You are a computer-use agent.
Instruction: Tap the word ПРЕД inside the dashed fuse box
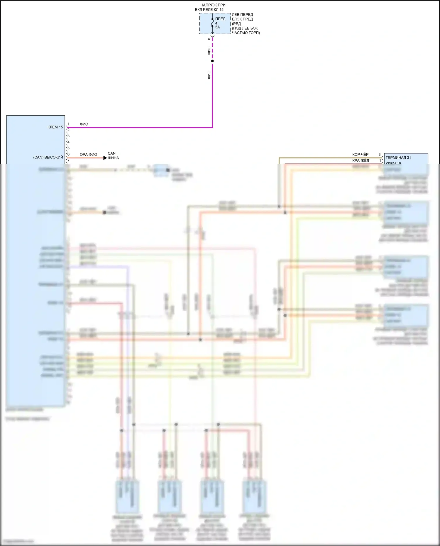220,19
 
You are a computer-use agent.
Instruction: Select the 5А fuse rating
217,27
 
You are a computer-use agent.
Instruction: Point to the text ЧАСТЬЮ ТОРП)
246,33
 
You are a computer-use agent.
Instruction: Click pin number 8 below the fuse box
209,39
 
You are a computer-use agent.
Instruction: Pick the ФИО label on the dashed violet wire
209,50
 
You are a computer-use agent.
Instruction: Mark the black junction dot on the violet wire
212,61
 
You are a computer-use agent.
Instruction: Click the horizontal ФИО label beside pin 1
84,124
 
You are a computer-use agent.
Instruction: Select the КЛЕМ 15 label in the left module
55,127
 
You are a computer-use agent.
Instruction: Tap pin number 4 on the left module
68,142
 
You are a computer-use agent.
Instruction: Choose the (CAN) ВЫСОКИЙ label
48,158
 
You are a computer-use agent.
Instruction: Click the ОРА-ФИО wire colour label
88,154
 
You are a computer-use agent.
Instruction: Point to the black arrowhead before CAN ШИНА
105,158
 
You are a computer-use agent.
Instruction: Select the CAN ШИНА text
113,155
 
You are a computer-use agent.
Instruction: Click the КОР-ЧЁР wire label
360,154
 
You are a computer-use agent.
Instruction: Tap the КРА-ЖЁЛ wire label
361,160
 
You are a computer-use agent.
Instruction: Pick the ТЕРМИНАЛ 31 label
398,158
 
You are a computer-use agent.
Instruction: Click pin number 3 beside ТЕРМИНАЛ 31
379,154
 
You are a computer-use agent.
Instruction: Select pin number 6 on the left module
68,154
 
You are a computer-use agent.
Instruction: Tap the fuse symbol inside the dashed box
212,23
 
